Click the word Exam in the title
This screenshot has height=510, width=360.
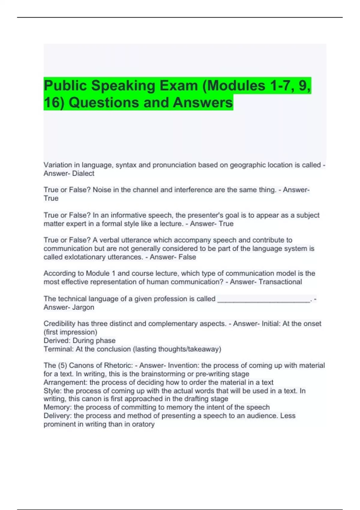[x=178, y=86]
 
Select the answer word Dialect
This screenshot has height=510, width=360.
[x=83, y=173]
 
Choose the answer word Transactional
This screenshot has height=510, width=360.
[x=280, y=282]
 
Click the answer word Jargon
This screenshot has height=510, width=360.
[x=83, y=307]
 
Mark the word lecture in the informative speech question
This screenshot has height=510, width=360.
[x=171, y=224]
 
